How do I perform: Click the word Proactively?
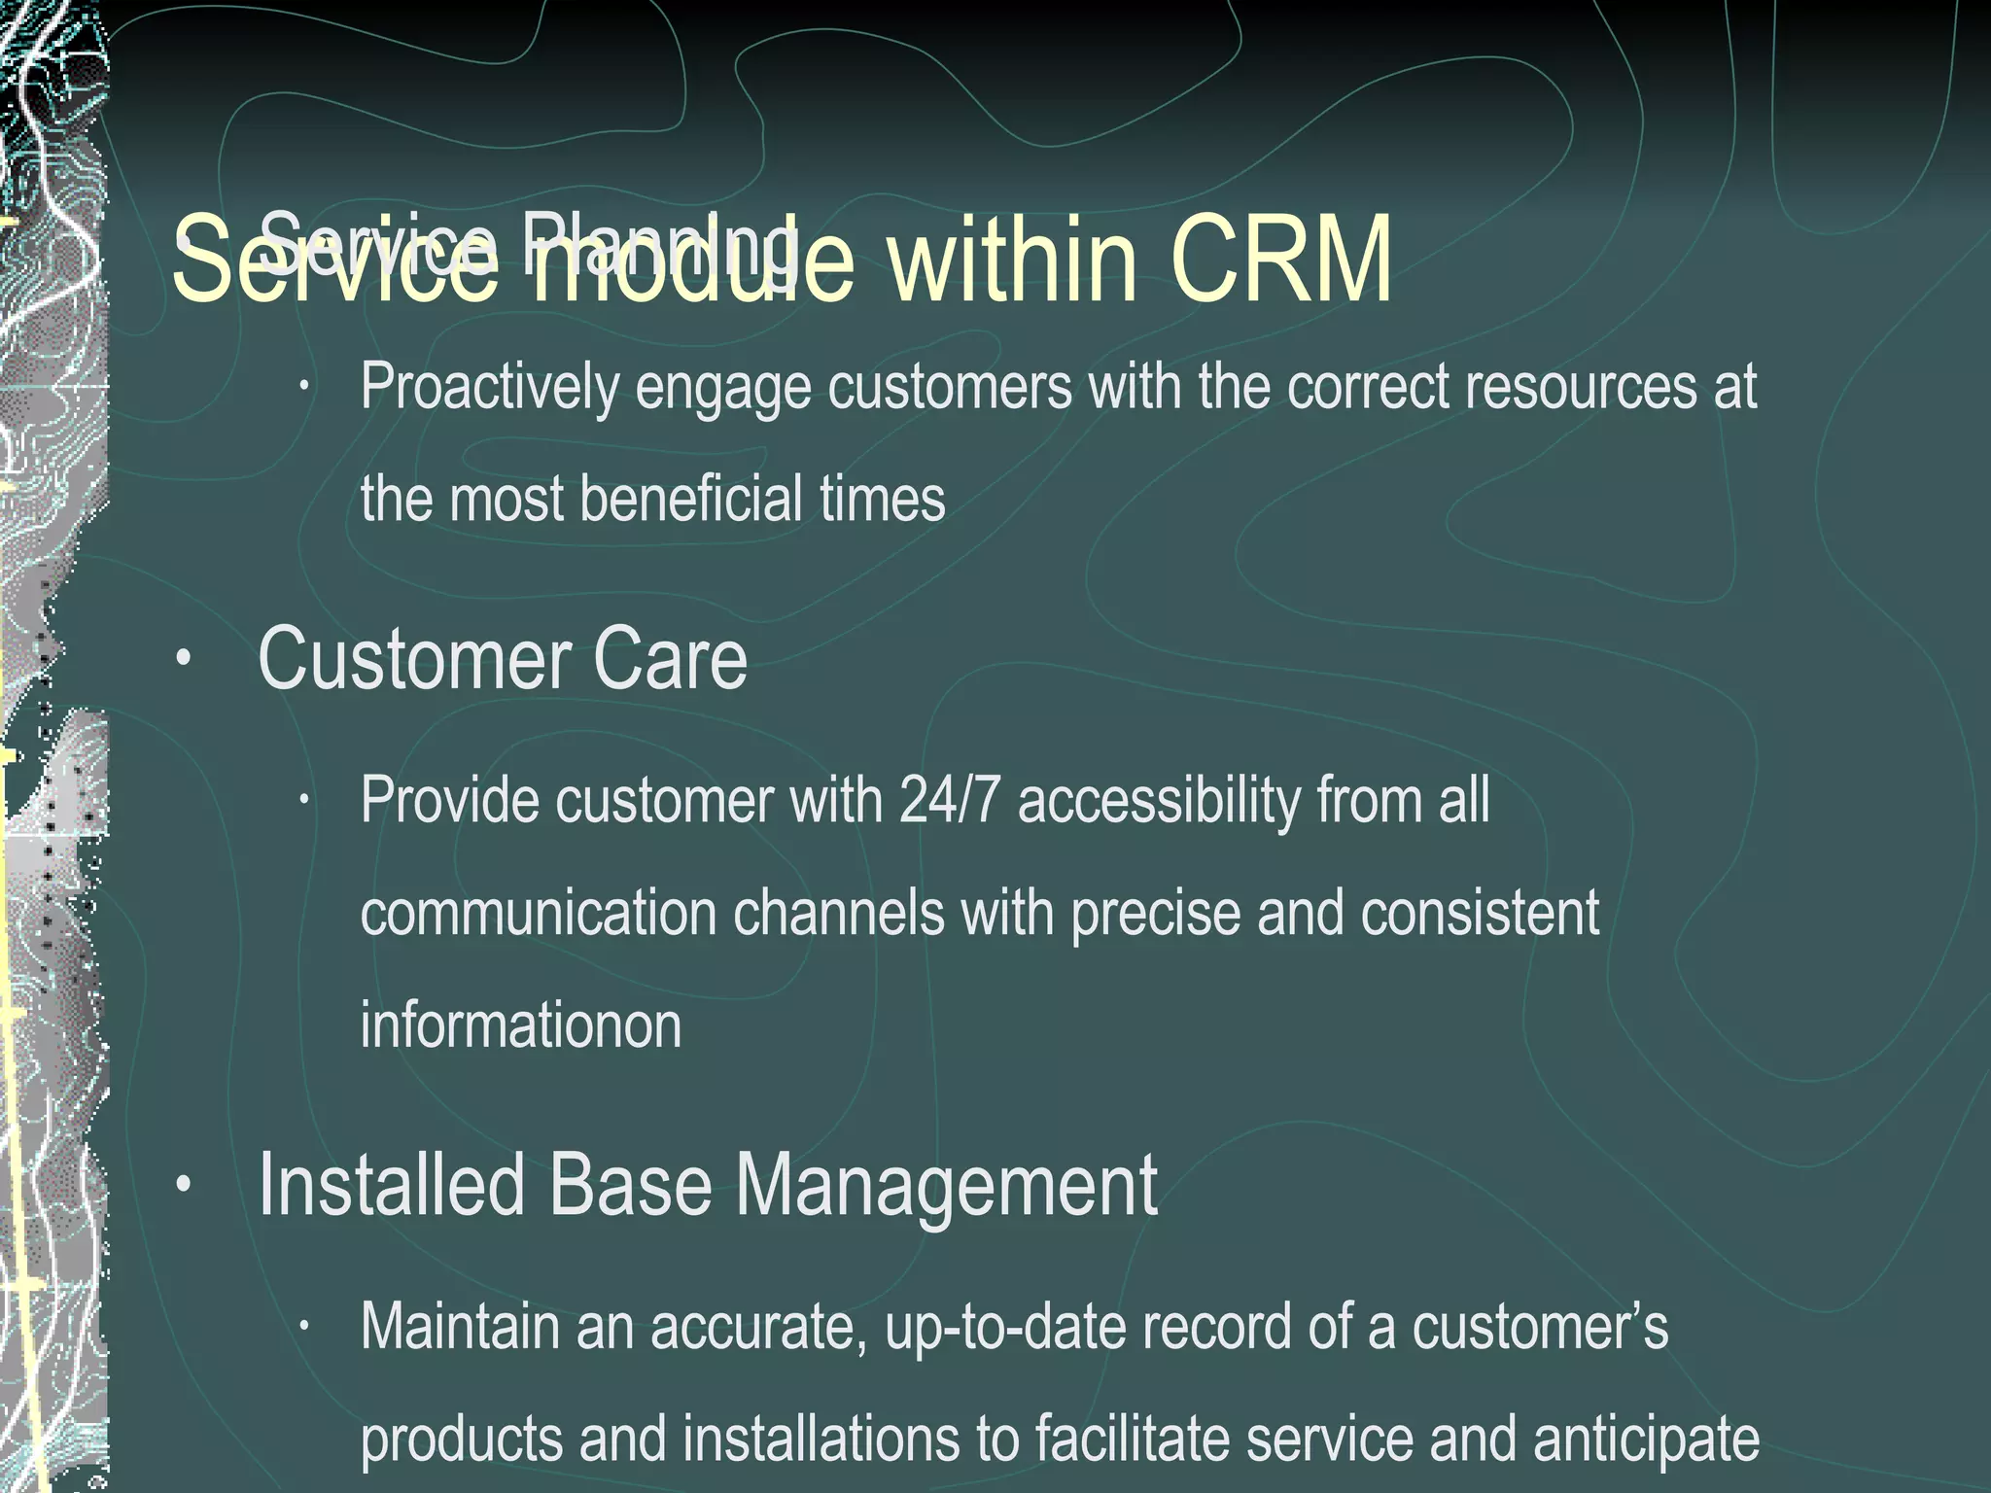489,388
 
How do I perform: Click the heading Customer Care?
502,660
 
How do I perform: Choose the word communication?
538,914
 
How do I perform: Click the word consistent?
1480,914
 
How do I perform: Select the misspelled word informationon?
521,1025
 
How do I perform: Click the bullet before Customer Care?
183,660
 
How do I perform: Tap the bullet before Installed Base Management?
183,1185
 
